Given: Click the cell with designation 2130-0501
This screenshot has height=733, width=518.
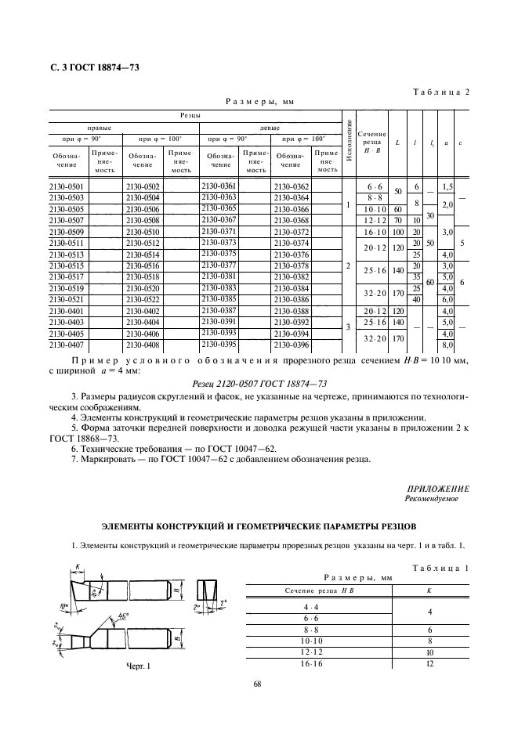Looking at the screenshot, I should coord(68,187).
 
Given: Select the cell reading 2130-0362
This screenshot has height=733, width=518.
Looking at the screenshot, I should coord(291,187).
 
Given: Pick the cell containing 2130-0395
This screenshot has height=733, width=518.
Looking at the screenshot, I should coord(219,344).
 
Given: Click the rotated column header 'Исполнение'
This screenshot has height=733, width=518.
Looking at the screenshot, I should coord(348,142).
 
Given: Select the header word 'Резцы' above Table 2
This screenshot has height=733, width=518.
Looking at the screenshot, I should coord(191,114).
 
